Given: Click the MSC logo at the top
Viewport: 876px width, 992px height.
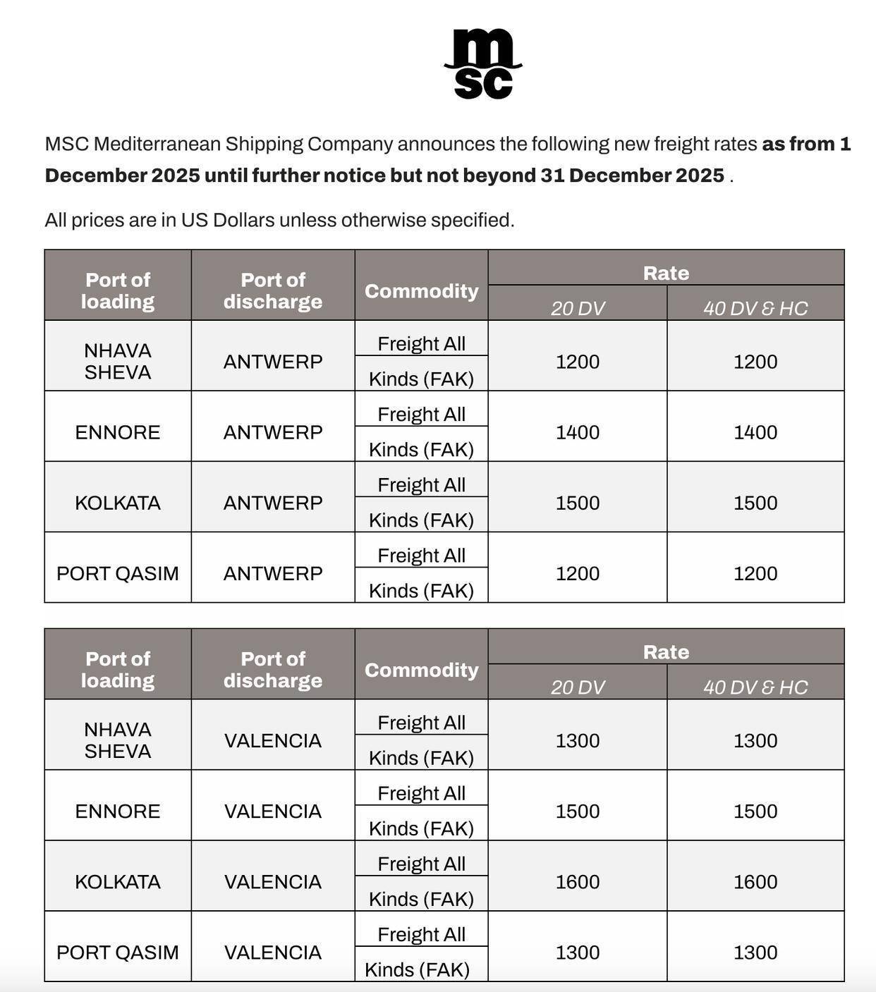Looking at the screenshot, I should (x=483, y=63).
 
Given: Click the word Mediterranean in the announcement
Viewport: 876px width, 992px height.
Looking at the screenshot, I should (x=158, y=144).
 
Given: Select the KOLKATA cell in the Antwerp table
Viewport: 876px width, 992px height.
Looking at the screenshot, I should (x=118, y=503).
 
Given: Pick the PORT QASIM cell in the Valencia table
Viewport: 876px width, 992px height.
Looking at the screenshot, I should (x=118, y=953).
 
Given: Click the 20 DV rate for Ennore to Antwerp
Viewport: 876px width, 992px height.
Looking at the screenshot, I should (x=578, y=432).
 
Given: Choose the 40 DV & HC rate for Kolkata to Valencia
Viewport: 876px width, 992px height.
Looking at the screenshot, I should (x=755, y=882).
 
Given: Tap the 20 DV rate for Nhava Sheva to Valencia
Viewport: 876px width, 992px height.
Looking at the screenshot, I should (x=578, y=741).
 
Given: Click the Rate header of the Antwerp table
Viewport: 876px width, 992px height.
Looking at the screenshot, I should (x=666, y=273).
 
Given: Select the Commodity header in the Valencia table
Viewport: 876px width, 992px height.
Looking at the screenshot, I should (x=421, y=670).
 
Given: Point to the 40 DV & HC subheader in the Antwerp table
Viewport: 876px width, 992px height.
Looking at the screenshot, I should (x=755, y=308).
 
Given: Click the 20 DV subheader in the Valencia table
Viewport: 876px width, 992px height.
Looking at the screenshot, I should (x=578, y=687).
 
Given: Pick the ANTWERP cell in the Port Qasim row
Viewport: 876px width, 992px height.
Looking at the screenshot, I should (x=273, y=573).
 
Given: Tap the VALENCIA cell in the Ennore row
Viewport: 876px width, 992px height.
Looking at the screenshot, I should (x=273, y=812).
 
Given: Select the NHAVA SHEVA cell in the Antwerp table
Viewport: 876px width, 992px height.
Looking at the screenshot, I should (x=118, y=361).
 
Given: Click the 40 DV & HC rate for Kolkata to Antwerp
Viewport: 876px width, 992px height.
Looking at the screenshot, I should (x=755, y=503).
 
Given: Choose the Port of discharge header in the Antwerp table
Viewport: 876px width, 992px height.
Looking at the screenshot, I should (x=273, y=290).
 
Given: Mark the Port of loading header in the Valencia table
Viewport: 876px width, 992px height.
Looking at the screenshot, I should (x=118, y=669).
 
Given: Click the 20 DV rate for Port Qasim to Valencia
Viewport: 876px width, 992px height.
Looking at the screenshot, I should (x=578, y=953).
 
